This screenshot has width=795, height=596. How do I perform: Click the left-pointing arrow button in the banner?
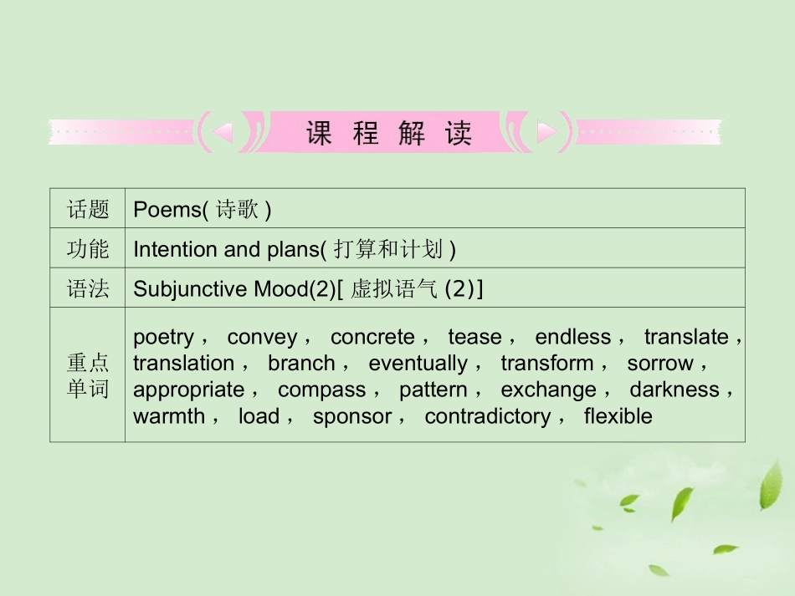223,131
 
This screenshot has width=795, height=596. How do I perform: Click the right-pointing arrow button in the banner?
546,131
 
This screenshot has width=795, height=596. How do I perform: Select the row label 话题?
88,210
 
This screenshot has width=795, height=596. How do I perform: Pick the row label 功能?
88,249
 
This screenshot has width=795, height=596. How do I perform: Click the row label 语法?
88,289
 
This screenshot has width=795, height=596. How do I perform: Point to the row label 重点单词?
88,375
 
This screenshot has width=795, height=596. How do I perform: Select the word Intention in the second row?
174,249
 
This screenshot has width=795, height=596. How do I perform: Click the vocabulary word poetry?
163,337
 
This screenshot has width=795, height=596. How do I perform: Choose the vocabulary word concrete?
372,337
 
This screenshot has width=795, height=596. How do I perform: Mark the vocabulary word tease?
474,337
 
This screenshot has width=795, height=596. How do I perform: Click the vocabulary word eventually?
418,364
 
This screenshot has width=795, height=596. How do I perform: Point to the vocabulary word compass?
321,390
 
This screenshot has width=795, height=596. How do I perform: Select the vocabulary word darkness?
674,390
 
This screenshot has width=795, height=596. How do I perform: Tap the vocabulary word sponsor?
351,416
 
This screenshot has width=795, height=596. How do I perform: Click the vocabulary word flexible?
618,416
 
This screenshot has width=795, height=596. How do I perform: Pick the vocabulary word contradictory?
487,416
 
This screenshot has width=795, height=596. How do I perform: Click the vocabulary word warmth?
168,416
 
